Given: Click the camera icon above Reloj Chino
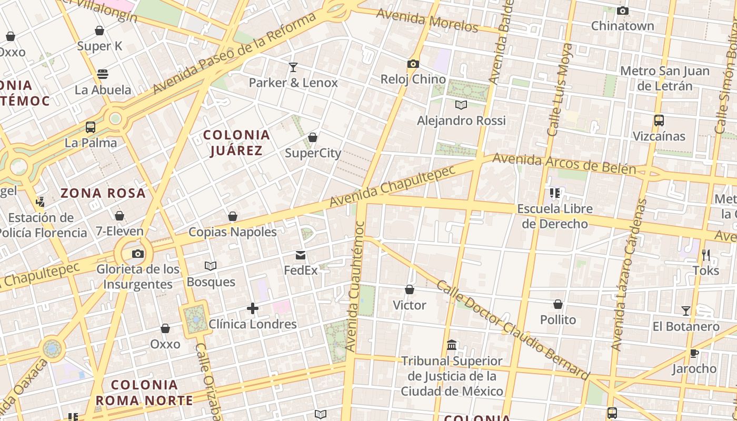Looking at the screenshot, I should [x=413, y=64].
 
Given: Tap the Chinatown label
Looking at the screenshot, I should [x=622, y=26].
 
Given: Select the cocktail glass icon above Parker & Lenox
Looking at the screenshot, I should [x=293, y=67].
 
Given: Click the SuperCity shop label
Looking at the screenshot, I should [x=313, y=153].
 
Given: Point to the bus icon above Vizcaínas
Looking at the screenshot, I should [x=659, y=121].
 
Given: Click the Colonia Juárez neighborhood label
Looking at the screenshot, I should [x=236, y=143].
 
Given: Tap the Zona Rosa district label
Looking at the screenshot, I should [x=103, y=193].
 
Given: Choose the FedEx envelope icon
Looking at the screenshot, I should [x=301, y=255].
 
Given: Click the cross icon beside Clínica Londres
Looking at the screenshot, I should [x=253, y=308].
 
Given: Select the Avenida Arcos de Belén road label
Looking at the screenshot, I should [x=564, y=164].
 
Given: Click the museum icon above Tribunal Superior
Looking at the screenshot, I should [x=452, y=345].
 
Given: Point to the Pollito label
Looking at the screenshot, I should [x=558, y=319].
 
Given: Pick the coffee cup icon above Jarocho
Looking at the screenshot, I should [x=694, y=353].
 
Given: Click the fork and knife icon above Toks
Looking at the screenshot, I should [x=706, y=255].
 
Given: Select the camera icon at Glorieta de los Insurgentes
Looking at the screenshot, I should [x=138, y=254].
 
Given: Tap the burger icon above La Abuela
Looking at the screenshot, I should [x=103, y=74].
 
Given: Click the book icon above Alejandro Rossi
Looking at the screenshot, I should [x=461, y=105].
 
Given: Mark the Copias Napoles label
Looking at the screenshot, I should [x=233, y=232].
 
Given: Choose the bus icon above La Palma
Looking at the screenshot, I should [x=91, y=127].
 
